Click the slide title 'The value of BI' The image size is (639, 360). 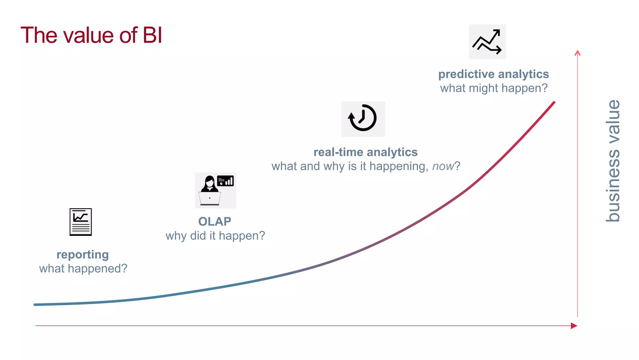91,35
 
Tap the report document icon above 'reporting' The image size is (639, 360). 80,222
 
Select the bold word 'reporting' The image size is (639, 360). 83,254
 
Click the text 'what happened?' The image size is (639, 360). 83,269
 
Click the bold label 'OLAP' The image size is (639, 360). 215,221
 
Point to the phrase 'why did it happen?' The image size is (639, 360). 215,236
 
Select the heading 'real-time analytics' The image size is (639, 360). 365,152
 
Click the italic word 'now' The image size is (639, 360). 443,166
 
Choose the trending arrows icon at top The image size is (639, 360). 487,42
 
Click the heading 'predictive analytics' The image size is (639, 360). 493,74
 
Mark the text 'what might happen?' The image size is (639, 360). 494,88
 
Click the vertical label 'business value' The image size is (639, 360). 613,161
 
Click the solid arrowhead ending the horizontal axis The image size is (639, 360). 574,326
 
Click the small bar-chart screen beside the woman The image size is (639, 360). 225,181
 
